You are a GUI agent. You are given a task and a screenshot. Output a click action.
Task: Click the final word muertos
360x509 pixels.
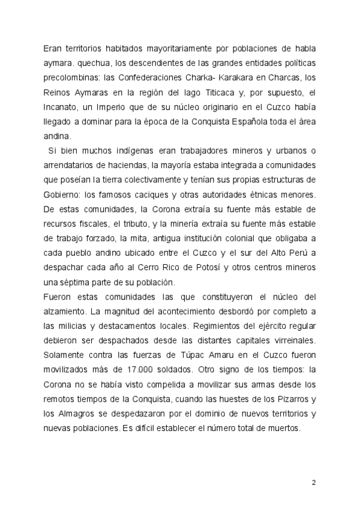point(291,430)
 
